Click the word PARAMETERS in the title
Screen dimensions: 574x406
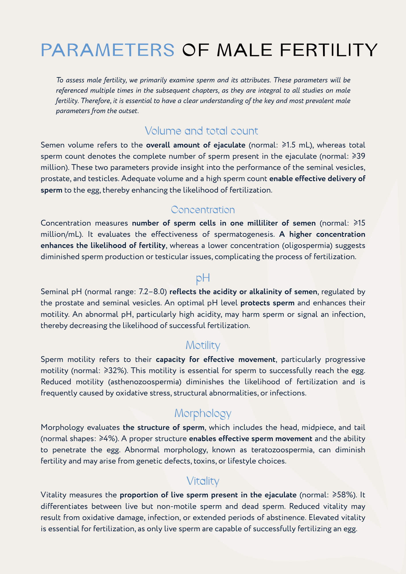(108, 50)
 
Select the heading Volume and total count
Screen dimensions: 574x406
(202, 131)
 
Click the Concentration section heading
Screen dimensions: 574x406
(203, 210)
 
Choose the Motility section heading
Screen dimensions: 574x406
(203, 345)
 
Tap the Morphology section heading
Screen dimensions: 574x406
(203, 413)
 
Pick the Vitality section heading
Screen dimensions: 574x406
(203, 481)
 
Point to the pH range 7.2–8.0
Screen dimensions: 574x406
(152, 292)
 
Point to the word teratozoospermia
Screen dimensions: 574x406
(281, 450)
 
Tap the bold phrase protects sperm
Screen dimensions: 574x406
(268, 303)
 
